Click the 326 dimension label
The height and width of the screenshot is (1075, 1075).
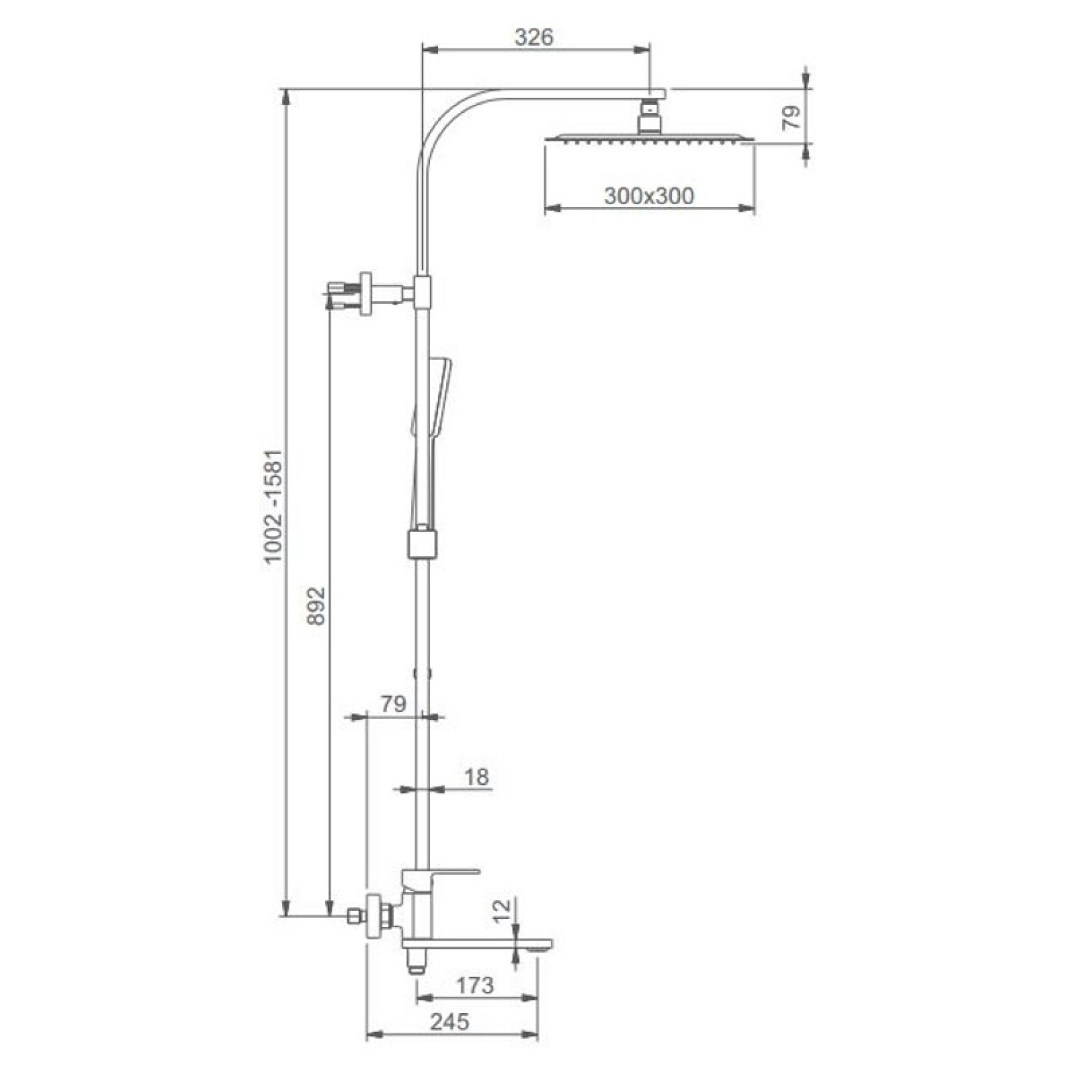coord(534,37)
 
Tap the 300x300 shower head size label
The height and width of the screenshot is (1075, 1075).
coord(649,196)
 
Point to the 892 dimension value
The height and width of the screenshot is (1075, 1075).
coord(316,605)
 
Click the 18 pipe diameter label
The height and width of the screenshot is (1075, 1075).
coord(476,776)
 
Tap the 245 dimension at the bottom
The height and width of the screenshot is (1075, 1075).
coord(449,1022)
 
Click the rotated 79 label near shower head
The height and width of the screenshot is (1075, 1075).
coord(791,117)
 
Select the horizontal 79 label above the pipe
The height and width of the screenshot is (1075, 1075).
coord(393,705)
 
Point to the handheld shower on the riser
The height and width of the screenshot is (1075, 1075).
coord(433,406)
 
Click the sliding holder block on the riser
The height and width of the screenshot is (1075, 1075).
coord(422,543)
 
